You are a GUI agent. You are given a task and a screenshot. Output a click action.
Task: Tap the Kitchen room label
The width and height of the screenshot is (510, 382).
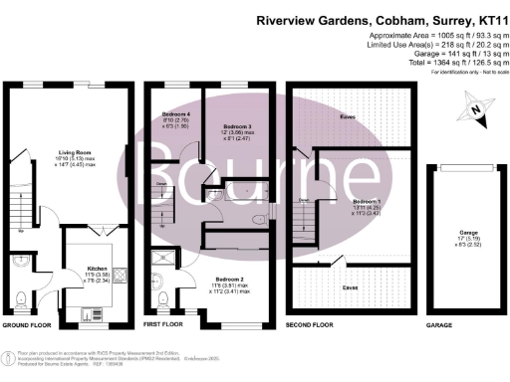coord(97,269)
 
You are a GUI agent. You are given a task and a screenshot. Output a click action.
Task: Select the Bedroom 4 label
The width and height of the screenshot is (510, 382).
coord(175,114)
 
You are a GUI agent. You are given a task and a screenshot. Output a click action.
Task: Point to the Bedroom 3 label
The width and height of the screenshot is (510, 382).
coord(236,127)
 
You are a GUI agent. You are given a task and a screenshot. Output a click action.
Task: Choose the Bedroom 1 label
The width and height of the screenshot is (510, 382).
coord(367,200)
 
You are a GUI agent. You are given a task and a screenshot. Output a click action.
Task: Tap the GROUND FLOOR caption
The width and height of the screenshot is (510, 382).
coord(27,325)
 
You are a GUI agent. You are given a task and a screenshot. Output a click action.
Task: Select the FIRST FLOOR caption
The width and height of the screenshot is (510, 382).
coord(165,325)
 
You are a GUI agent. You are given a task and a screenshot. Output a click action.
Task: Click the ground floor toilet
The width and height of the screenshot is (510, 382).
coord(21,294)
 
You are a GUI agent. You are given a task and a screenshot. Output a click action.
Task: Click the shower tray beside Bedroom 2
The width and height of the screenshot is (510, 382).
coord(161,260)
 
